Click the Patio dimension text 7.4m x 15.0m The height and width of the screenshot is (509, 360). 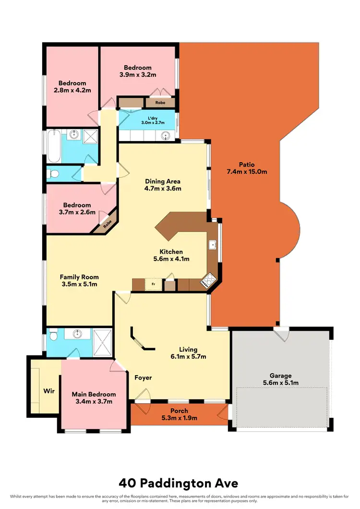pyautogui.click(x=247, y=171)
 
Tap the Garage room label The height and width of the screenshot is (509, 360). pyautogui.click(x=281, y=376)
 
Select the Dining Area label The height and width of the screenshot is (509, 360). pyautogui.click(x=163, y=181)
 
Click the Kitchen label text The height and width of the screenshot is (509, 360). pyautogui.click(x=171, y=251)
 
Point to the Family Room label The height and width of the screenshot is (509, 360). pyautogui.click(x=79, y=277)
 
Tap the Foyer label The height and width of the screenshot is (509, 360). pyautogui.click(x=143, y=378)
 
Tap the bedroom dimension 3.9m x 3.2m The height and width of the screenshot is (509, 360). pyautogui.click(x=138, y=75)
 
